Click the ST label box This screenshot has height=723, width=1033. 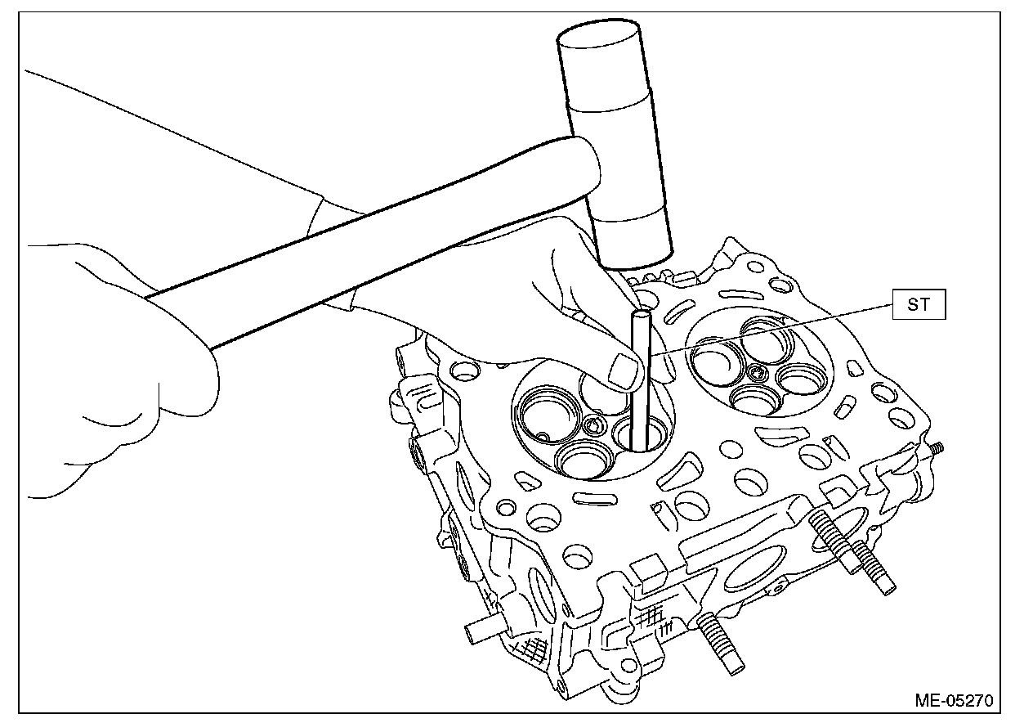point(919,307)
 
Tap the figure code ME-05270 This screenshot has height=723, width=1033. point(954,700)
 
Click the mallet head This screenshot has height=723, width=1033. point(618,147)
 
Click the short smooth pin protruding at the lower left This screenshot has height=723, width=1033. point(478,631)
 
